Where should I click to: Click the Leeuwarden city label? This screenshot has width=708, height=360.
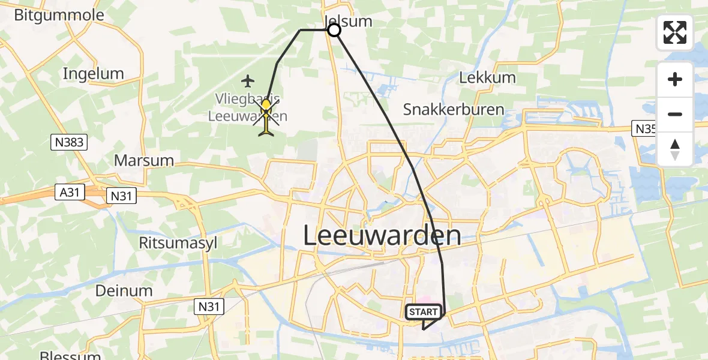click(382, 235)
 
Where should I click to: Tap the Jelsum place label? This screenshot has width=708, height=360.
click(349, 21)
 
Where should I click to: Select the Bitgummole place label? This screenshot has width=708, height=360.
click(59, 15)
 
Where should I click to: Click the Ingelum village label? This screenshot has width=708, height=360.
click(93, 74)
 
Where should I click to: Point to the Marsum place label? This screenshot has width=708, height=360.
click(143, 160)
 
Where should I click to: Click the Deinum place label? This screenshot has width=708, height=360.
click(124, 290)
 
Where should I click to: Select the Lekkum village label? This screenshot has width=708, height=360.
click(487, 77)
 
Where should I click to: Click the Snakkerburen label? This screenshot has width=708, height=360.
click(453, 109)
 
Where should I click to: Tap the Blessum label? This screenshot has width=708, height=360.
click(70, 355)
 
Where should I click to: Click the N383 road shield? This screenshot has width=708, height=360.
click(68, 142)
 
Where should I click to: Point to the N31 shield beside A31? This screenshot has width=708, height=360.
click(121, 195)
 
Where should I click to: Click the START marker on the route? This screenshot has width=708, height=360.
click(424, 312)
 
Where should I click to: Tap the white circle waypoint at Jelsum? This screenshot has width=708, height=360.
click(334, 30)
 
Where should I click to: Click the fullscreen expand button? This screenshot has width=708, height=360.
click(675, 32)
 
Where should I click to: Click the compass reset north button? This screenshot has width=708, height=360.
click(675, 149)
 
